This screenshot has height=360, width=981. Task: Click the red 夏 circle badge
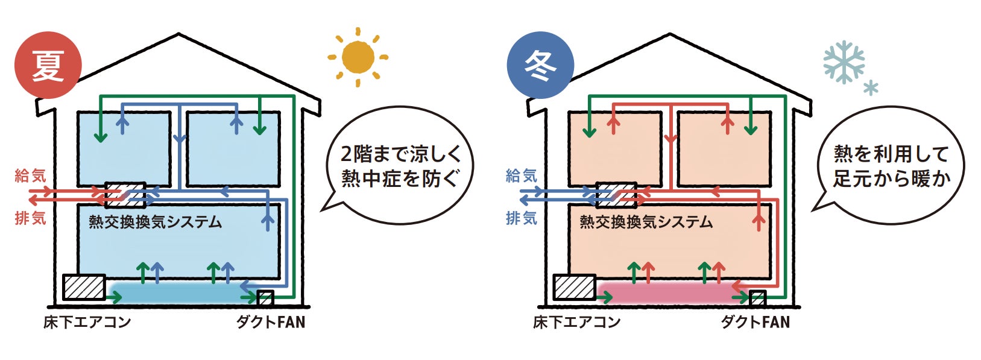point(48,66)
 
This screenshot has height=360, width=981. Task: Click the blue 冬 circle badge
point(540,66)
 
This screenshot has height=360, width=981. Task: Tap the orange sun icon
point(358,57)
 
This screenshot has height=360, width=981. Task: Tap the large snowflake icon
point(844,62)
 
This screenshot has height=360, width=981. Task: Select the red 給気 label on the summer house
point(30,176)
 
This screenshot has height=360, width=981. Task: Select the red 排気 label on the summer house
point(30,218)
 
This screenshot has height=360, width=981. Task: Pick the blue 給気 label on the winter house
point(522,176)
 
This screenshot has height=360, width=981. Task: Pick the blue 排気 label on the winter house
point(522,218)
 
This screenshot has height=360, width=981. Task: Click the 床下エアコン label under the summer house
point(87,322)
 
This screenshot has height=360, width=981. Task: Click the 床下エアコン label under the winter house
point(576,322)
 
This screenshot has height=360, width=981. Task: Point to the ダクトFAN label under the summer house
point(271,322)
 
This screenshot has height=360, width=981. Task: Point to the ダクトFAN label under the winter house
point(755,322)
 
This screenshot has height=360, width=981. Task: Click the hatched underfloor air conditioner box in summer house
point(84,287)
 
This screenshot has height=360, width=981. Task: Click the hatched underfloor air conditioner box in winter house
point(575,287)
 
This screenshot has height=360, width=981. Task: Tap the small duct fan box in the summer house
point(265,298)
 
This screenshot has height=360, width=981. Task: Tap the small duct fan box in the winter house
point(757,298)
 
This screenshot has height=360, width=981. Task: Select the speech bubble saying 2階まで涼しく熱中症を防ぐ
point(400,166)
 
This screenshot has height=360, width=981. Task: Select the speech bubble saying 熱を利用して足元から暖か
point(891,166)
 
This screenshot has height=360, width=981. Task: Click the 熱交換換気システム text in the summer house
point(156,222)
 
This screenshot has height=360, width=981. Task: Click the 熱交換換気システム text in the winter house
point(646,222)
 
